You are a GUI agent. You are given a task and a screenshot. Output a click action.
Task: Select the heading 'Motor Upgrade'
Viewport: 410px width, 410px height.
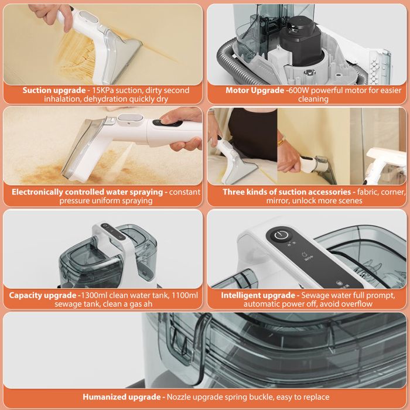pyautogui.click(x=255, y=90)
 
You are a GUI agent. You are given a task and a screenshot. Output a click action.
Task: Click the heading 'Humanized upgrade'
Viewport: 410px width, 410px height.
pyautogui.click(x=122, y=397)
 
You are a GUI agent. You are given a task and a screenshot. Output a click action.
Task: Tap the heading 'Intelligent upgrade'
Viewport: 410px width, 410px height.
pyautogui.click(x=258, y=295)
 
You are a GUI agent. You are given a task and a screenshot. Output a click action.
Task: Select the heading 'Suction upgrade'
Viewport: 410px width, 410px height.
pyautogui.click(x=54, y=90)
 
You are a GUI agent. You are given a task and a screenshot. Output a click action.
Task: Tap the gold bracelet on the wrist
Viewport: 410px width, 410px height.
pyautogui.click(x=282, y=142)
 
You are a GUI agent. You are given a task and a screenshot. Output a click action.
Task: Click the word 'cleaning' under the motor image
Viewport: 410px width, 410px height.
pyautogui.click(x=313, y=99)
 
